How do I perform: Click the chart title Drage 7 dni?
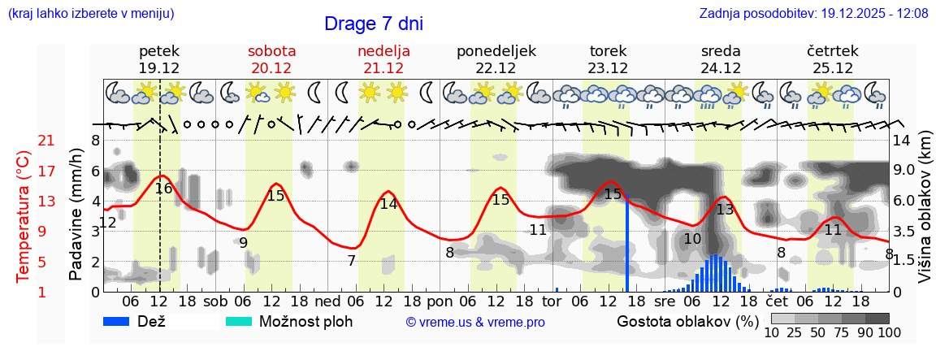[x=373, y=24]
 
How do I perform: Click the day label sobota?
[x=271, y=50]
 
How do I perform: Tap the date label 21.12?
[x=383, y=68]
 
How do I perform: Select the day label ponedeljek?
[x=496, y=50]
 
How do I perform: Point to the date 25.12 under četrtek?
[x=833, y=68]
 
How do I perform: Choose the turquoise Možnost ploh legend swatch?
[x=241, y=321]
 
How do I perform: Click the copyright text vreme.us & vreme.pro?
[x=475, y=322]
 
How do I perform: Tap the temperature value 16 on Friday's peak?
[x=163, y=189]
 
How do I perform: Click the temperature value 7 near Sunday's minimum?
[x=351, y=261]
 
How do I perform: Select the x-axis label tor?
[x=552, y=301]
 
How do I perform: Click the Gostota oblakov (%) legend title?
[x=687, y=321]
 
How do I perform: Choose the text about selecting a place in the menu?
[x=90, y=13]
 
